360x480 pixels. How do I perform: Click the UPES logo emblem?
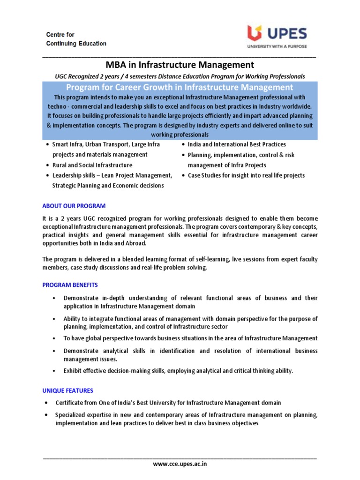pos(256,33)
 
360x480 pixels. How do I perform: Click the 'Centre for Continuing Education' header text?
pos(76,39)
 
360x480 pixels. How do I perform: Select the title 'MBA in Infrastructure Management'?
pos(180,65)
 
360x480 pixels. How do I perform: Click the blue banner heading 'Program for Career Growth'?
pos(180,87)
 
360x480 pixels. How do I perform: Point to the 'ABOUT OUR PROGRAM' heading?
pos(74,206)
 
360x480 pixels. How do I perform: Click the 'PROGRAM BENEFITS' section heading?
pos(70,285)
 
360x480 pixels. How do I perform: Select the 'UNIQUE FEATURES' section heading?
pos(67,390)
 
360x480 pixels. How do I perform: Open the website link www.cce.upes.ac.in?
pos(180,464)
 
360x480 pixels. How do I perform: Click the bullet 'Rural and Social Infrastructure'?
pos(92,165)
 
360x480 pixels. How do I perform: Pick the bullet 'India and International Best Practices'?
pos(237,144)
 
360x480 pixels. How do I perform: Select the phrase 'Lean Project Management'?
pos(139,175)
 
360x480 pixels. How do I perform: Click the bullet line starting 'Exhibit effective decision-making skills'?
pos(178,371)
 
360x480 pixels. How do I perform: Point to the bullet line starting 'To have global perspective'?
pos(190,338)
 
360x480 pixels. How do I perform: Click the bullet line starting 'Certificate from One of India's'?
pos(168,403)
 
